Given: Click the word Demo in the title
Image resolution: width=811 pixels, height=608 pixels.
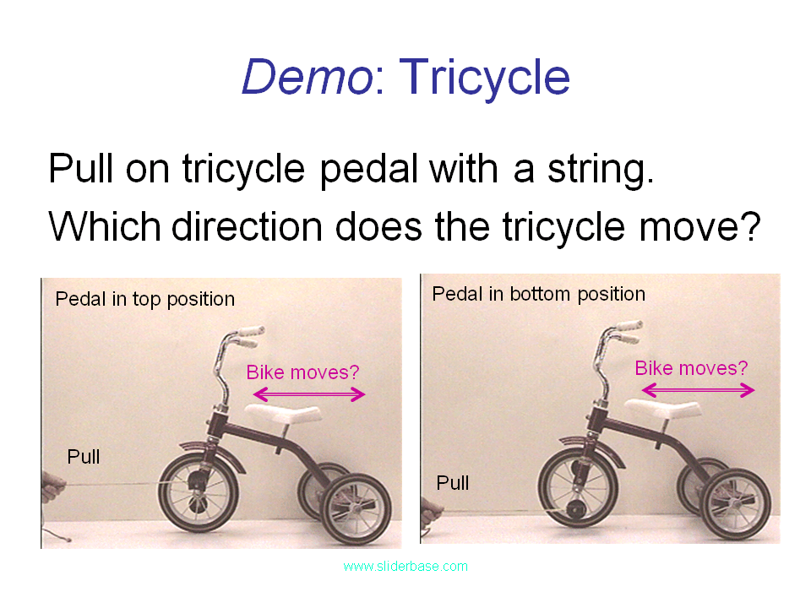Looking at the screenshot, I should [x=307, y=78].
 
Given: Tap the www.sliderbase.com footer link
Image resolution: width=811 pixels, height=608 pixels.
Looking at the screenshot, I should [x=405, y=566].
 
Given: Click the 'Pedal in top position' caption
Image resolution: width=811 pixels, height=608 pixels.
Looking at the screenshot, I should [x=144, y=299].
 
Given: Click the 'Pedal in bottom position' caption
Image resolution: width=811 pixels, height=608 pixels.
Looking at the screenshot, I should [x=538, y=294].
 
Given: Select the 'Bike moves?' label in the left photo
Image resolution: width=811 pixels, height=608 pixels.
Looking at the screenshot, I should [x=302, y=372].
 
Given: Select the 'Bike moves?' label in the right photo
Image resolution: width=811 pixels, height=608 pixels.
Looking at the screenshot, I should [x=691, y=368].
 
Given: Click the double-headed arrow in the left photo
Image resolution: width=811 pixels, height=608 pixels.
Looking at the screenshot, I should [x=309, y=394].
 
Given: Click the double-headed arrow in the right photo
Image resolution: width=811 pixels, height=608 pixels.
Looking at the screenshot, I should [x=698, y=390].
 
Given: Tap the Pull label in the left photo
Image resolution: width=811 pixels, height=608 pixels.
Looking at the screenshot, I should [x=84, y=457].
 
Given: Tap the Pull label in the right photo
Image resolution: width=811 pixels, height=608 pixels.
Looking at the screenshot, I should [x=453, y=483].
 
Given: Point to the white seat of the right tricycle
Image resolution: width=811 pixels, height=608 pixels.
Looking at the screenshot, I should [x=662, y=410].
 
